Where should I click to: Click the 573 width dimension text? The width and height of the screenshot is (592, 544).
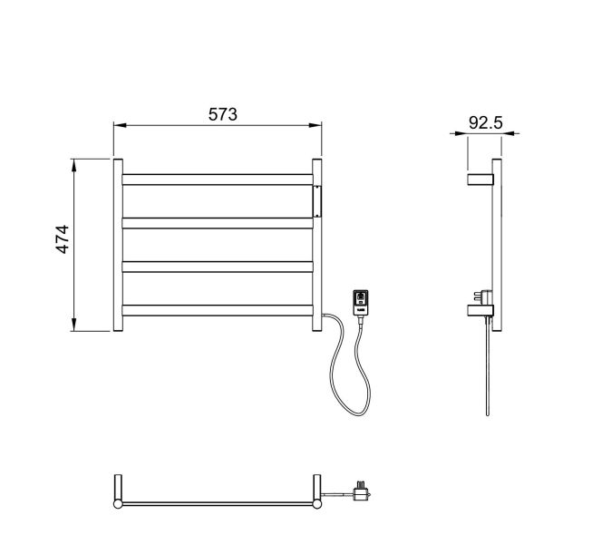pyautogui.click(x=223, y=114)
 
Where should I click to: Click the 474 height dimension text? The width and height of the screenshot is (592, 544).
pyautogui.click(x=63, y=239)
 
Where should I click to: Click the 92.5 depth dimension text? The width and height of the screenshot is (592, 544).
pyautogui.click(x=486, y=122)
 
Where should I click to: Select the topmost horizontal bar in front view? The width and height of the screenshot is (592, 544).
pyautogui.click(x=218, y=180)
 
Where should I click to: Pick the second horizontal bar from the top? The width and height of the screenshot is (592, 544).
pyautogui.click(x=218, y=223)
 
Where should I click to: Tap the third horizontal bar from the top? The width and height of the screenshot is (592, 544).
pyautogui.click(x=218, y=267)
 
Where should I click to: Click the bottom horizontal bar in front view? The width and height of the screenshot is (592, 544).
pyautogui.click(x=218, y=310)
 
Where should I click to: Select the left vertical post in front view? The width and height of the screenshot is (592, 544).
pyautogui.click(x=118, y=245)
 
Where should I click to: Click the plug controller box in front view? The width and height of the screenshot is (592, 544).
pyautogui.click(x=361, y=302)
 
